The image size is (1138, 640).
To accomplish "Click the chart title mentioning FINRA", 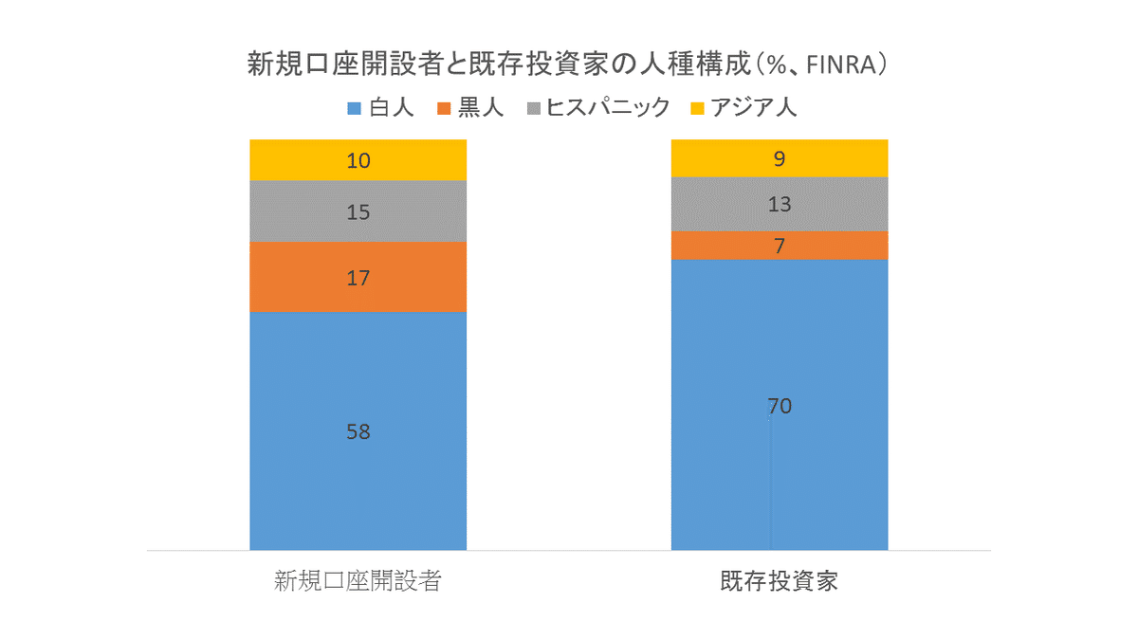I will coord(568,64).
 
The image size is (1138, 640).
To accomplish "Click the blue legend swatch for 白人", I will coord(355,108).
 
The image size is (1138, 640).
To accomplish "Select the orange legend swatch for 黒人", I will coord(443,108).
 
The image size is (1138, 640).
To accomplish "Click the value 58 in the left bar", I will coord(358,431).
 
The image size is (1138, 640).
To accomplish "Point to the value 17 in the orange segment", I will coord(358,278).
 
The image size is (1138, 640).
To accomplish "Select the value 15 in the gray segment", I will coord(358,212).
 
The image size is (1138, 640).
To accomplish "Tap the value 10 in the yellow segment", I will coord(358,160).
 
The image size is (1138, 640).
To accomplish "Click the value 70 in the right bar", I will coord(780,407).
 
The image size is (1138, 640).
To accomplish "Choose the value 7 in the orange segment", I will coord(780,246).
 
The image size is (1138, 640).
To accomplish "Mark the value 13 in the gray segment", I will coord(780,204).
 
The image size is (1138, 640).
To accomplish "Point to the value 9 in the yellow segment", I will coord(780,158).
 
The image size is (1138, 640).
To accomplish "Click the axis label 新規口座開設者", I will coord(358,581).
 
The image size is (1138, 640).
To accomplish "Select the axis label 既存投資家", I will coord(780,581).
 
